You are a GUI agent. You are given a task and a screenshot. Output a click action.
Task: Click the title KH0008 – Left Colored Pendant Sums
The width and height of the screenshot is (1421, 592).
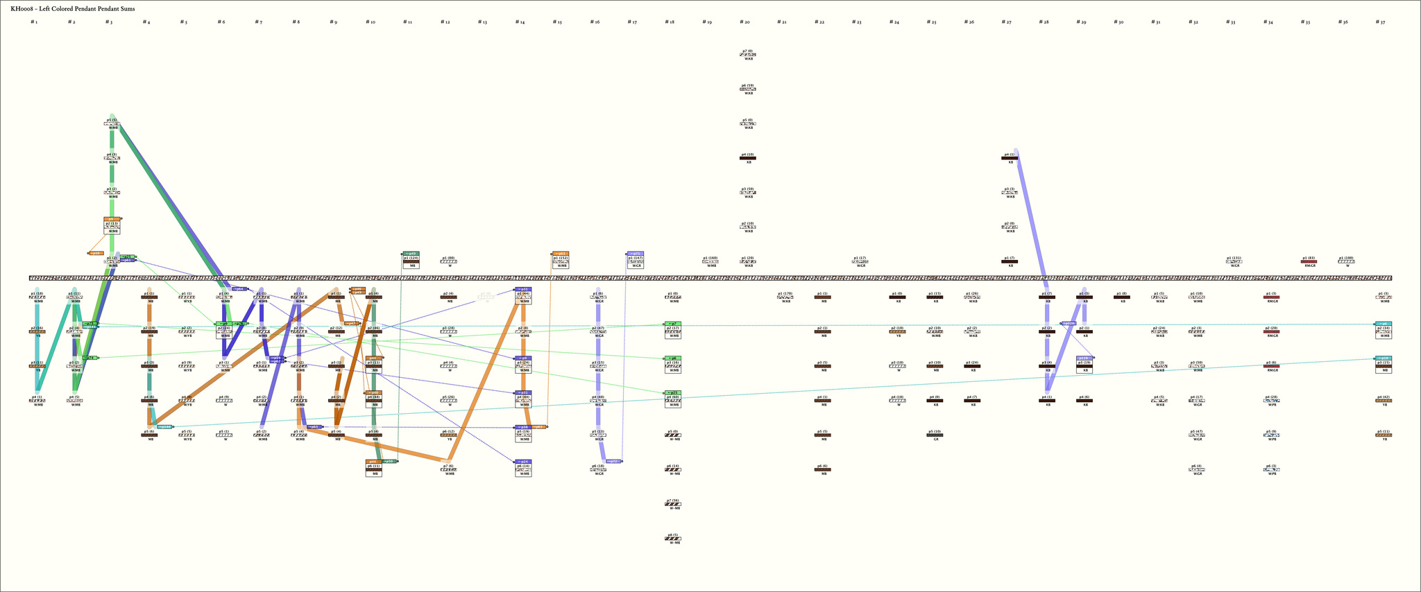click(x=73, y=8)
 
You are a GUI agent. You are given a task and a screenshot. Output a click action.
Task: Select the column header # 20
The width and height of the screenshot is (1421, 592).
click(x=744, y=22)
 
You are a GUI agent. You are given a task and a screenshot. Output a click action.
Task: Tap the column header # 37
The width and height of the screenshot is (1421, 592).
click(x=1381, y=22)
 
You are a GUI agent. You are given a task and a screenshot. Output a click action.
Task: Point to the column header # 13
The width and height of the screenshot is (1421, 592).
click(x=482, y=22)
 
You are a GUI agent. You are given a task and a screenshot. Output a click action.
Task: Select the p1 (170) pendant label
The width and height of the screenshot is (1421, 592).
click(x=785, y=293)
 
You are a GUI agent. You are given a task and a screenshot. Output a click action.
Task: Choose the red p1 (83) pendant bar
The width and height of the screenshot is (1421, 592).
click(x=1308, y=262)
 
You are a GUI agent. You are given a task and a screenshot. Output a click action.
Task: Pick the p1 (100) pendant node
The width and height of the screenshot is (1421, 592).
click(x=1345, y=261)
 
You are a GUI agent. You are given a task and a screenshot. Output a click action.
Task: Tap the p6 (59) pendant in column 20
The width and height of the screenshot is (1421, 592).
click(x=748, y=89)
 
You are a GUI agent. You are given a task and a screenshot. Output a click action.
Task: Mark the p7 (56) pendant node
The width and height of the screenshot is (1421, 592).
click(x=672, y=504)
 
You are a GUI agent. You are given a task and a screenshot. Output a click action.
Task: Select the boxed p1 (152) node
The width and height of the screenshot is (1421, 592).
click(x=560, y=261)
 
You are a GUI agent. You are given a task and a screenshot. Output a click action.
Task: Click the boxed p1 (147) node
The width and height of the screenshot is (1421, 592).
click(x=635, y=261)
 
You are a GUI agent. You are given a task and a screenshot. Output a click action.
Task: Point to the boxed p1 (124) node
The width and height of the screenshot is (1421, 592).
click(x=410, y=261)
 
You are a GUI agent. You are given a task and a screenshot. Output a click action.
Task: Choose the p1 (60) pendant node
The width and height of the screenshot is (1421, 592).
click(x=448, y=261)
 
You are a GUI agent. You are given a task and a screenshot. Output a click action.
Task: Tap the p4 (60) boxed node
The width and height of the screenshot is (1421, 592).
click(x=672, y=399)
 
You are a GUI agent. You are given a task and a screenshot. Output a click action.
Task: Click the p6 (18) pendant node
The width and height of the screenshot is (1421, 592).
click(x=597, y=469)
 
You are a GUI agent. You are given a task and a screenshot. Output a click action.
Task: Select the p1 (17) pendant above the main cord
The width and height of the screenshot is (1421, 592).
click(x=860, y=261)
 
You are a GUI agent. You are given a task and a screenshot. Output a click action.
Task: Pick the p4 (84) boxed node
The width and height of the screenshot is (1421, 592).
click(x=522, y=399)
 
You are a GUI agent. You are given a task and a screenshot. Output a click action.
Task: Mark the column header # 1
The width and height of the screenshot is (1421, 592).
click(x=33, y=22)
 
